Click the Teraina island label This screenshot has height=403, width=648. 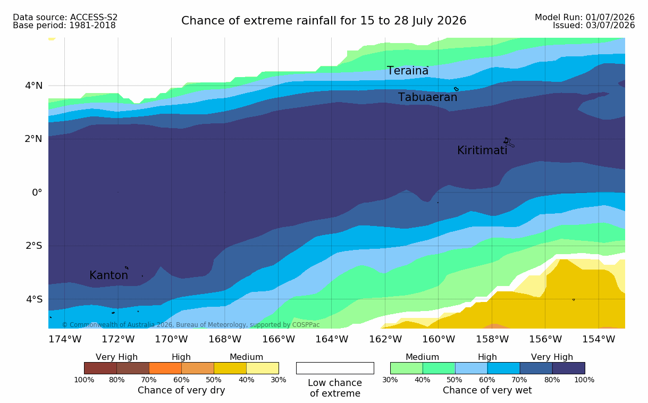click(x=408, y=71)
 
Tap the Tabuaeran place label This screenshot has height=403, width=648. click(x=427, y=97)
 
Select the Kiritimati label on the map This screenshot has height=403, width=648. click(x=482, y=150)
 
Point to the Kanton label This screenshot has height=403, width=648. click(x=109, y=275)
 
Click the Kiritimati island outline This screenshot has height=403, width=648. click(x=509, y=142)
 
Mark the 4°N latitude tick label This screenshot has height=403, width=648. click(x=34, y=86)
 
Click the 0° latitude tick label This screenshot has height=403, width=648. click(x=37, y=192)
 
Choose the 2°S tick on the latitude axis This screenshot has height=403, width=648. click(x=34, y=246)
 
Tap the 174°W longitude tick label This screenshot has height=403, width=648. click(x=65, y=339)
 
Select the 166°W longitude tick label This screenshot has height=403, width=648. click(x=279, y=339)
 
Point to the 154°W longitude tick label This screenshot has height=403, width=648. click(x=599, y=339)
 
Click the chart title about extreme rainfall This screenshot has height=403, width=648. click(x=324, y=21)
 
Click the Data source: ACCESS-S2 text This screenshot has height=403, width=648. click(x=65, y=18)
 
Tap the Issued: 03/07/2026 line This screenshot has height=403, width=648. click(x=594, y=26)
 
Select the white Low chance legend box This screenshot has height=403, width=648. click(x=335, y=368)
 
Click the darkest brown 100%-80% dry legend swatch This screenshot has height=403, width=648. click(x=100, y=368)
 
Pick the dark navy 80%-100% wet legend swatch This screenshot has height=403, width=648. click(x=569, y=368)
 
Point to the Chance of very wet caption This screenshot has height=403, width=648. click(x=487, y=390)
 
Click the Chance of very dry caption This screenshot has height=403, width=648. click(x=181, y=390)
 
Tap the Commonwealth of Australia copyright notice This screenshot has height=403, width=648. click(x=191, y=325)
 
